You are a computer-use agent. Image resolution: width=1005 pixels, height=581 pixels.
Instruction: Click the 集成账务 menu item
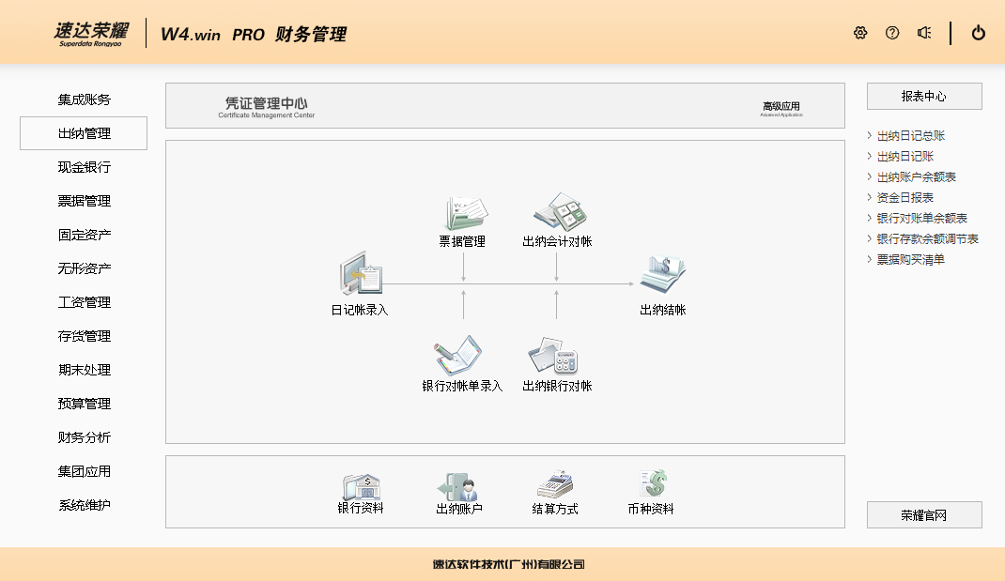84,99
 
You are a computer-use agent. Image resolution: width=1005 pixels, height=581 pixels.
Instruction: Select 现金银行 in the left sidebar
84,167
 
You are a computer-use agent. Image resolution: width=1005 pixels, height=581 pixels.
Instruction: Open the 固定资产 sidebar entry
84,235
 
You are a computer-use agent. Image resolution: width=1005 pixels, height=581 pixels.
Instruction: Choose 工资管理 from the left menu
84,302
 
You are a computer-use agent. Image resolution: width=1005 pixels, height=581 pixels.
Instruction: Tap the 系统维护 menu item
84,505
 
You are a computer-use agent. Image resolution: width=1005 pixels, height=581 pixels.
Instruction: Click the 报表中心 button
923,97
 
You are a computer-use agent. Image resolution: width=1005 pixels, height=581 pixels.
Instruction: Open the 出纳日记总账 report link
910,136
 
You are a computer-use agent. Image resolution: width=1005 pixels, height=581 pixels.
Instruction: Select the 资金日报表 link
904,198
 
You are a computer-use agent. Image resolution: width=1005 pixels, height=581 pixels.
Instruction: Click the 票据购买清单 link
910,260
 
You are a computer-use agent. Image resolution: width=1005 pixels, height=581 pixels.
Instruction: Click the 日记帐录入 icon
361,277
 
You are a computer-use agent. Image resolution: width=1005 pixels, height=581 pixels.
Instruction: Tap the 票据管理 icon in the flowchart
464,214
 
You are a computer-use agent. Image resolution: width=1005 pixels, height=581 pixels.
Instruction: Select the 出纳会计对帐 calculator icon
558,213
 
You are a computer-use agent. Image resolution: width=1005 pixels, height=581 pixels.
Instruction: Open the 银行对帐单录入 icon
459,358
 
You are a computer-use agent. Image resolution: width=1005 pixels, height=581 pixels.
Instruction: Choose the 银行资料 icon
362,486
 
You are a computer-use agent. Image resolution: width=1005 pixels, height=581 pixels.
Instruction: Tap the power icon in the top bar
979,33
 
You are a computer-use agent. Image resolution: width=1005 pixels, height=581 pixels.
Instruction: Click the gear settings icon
860,33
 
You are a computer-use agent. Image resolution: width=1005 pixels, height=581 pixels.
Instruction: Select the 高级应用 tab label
781,107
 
